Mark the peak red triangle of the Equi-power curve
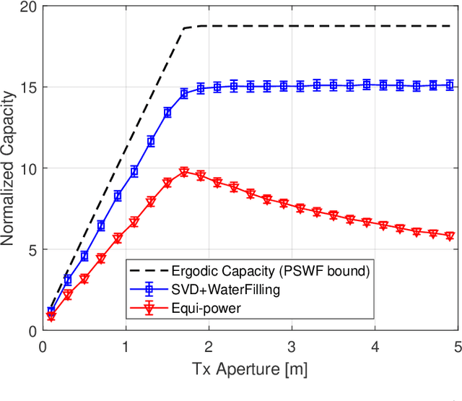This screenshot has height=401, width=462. [184, 171]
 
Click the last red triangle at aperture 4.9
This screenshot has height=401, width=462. [450, 236]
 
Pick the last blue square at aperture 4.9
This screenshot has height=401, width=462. [450, 85]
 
